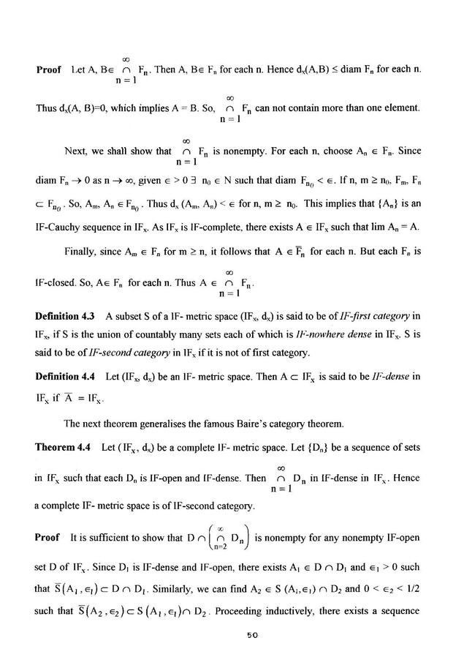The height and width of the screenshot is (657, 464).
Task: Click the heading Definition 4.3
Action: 66,315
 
